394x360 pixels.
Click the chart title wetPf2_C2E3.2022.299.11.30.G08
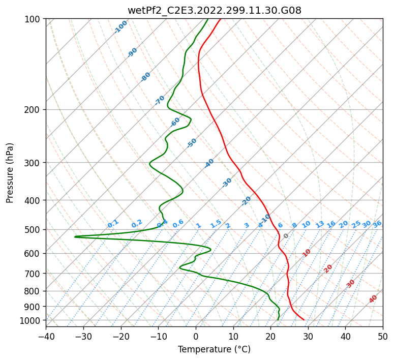pyautogui.click(x=214, y=10)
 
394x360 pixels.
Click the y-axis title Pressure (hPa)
pyautogui.click(x=10, y=173)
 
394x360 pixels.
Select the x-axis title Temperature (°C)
pyautogui.click(x=214, y=349)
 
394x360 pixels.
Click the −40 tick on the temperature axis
pyautogui.click(x=46, y=336)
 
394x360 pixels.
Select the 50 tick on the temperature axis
pyautogui.click(x=383, y=336)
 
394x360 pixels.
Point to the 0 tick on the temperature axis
pyautogui.click(x=196, y=336)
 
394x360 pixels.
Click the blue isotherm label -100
pyautogui.click(x=120, y=27)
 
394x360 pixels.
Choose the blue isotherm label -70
pyautogui.click(x=160, y=100)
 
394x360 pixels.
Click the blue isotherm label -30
pyautogui.click(x=227, y=183)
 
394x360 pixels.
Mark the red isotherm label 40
pyautogui.click(x=373, y=299)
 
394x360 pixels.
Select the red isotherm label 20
pyautogui.click(x=328, y=268)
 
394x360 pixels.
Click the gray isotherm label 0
pyautogui.click(x=286, y=236)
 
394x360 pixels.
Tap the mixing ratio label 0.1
pyautogui.click(x=113, y=223)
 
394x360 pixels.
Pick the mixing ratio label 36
pyautogui.click(x=377, y=224)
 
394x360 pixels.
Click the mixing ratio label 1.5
pyautogui.click(x=216, y=223)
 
